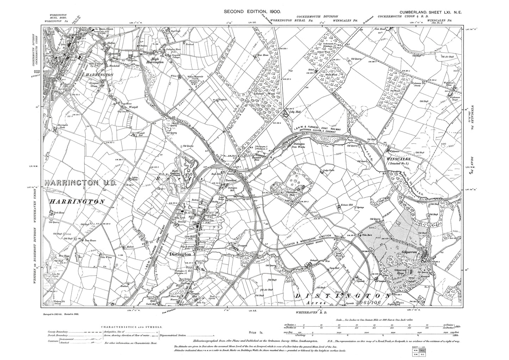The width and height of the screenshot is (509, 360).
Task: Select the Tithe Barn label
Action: (x=365, y=235)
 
